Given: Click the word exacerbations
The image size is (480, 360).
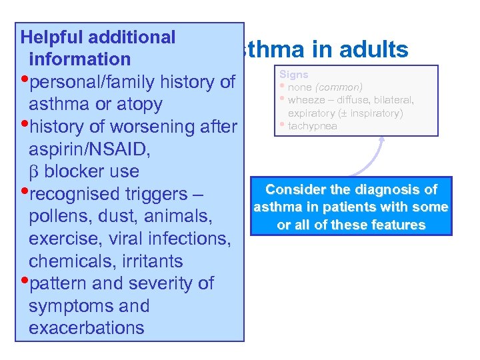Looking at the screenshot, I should coord(86,328).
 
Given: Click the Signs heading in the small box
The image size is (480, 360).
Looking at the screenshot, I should coord(294,75).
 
